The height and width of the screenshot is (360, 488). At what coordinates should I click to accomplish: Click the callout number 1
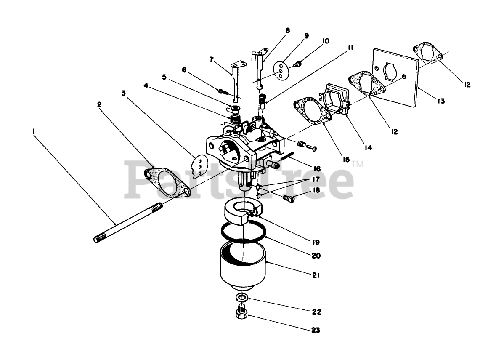coord(33,132)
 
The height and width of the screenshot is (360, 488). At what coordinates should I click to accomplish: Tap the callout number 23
coord(316,331)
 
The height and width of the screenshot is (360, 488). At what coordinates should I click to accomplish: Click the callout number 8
coord(287,30)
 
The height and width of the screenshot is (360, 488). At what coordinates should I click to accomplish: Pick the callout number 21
coord(316,276)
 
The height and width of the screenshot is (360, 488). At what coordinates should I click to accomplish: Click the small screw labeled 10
coord(297,64)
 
